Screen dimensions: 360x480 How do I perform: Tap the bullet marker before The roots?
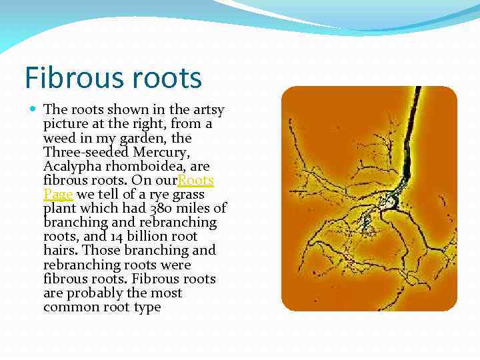(33, 109)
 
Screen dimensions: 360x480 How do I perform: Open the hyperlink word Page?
(58, 195)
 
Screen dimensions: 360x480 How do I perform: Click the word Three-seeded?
(81, 153)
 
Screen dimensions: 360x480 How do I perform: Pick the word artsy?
(207, 110)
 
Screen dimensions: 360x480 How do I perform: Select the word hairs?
(59, 251)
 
